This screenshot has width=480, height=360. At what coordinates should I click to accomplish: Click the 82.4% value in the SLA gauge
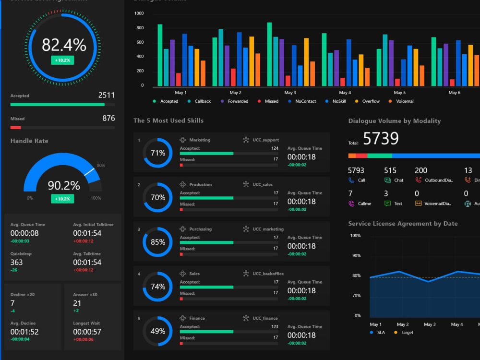coord(64,45)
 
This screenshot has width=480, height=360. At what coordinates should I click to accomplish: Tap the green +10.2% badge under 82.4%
coord(62,60)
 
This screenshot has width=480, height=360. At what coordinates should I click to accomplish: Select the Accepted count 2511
coord(106,95)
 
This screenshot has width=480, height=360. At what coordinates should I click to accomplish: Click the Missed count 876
coord(108,118)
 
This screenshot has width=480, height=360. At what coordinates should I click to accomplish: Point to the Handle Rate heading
coord(29,141)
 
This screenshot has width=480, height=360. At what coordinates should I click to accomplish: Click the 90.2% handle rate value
coord(64,185)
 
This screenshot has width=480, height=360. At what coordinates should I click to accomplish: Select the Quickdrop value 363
coord(16,262)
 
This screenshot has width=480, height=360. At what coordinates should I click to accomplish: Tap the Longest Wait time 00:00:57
coord(87,332)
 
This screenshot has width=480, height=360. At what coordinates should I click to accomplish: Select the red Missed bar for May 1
coord(179,80)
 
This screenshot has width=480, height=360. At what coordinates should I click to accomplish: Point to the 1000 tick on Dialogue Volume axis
coord(139,13)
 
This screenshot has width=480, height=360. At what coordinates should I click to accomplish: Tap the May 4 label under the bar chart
coord(344,93)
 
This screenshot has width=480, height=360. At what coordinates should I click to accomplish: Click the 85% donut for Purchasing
coord(157,242)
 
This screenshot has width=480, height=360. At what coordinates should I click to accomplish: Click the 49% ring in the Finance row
coord(157,331)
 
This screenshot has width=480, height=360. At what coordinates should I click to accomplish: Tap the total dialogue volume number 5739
coord(381,139)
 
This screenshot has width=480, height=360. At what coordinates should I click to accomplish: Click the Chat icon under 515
coord(387,180)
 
